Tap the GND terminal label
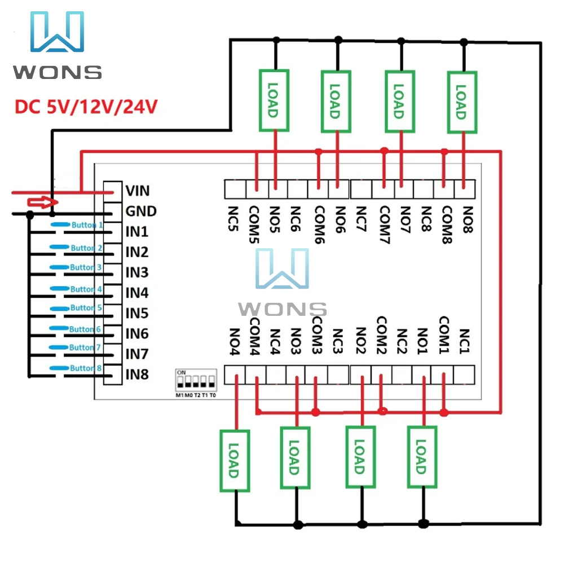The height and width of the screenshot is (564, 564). coord(140,211)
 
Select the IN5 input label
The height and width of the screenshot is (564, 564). coord(137,313)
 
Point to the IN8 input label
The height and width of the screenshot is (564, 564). coord(137,374)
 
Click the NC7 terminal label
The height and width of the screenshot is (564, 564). coord(362,219)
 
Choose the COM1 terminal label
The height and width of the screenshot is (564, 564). coord(444,334)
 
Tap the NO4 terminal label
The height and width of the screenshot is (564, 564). coord(234,342)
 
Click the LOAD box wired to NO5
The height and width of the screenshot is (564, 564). coord(274,101)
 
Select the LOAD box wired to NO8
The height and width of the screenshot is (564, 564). coord(462,101)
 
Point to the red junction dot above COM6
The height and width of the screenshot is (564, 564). coord(319,151)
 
